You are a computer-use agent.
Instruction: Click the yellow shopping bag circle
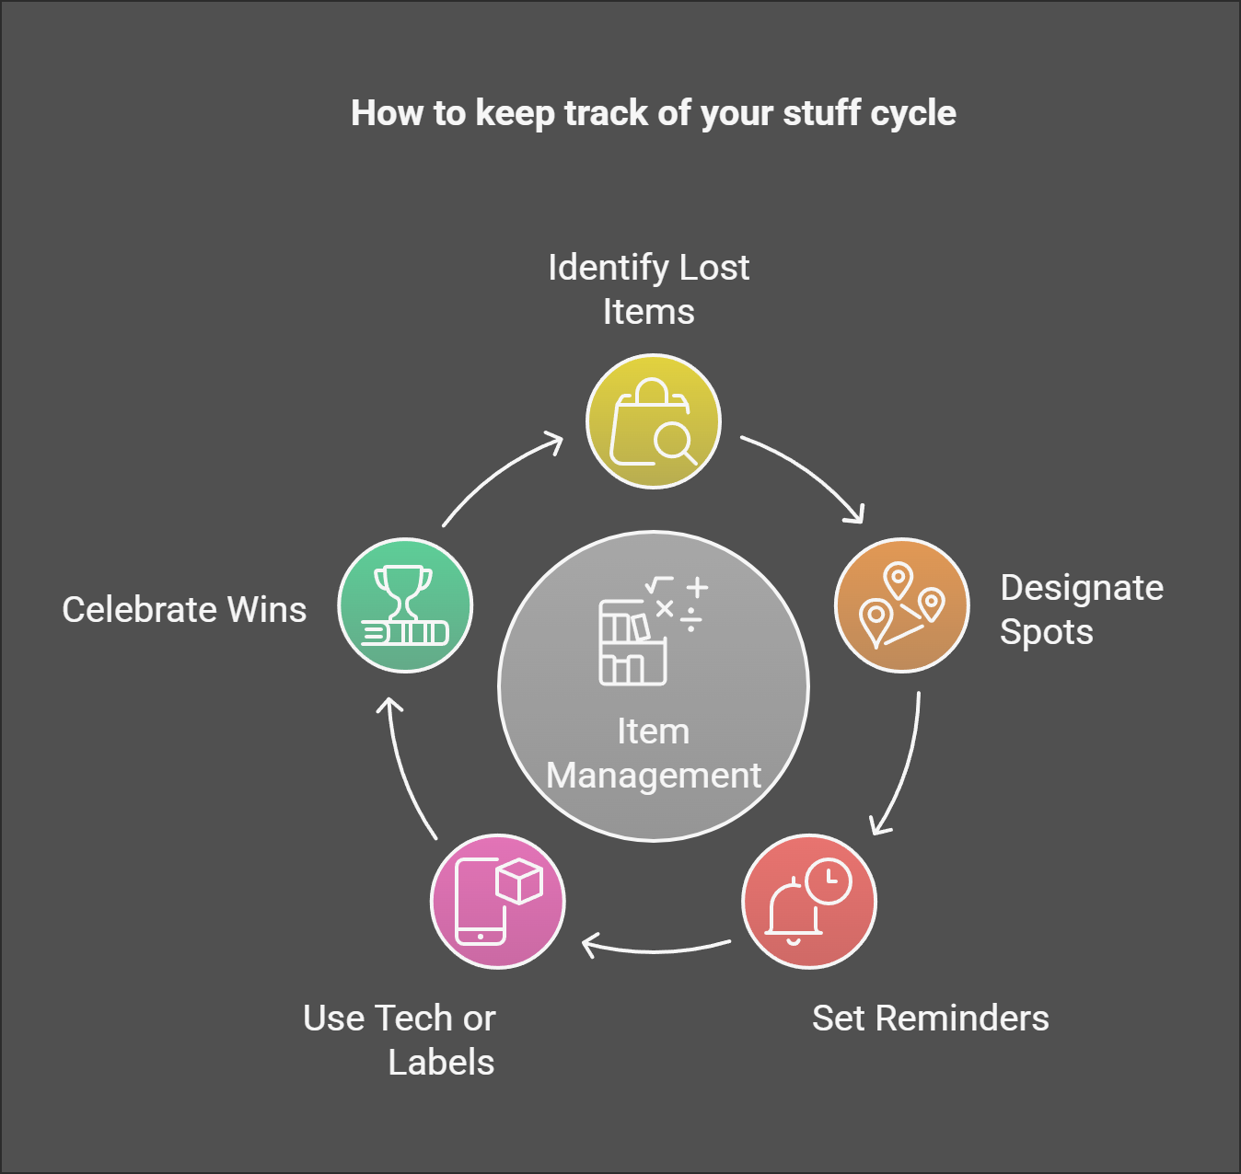pos(654,421)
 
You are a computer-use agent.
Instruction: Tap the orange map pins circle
pos(901,605)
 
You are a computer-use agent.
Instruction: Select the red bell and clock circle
pos(809,902)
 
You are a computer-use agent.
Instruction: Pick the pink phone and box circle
pos(497,902)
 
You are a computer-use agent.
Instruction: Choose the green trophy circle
pos(405,605)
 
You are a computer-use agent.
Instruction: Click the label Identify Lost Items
pos(648,289)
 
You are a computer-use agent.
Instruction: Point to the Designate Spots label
pos(1081,609)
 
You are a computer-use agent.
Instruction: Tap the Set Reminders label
pos(930,1019)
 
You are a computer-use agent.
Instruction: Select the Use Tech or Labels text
pos(400,1040)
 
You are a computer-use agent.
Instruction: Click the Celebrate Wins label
pos(184,610)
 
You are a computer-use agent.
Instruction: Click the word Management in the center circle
pos(654,776)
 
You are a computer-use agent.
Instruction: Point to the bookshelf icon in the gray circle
pos(633,642)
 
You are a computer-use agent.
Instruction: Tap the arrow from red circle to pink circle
pos(655,948)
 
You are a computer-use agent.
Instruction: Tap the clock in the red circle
pos(829,881)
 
